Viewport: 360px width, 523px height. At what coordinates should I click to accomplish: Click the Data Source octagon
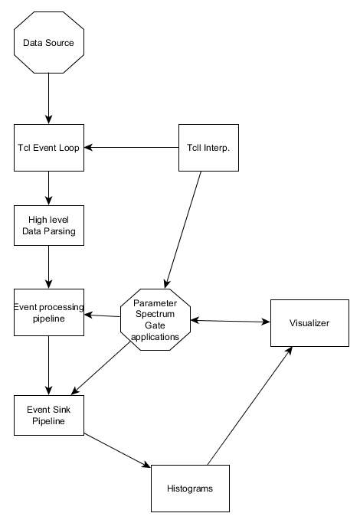pos(49,42)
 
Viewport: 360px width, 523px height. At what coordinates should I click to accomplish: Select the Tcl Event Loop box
pos(49,148)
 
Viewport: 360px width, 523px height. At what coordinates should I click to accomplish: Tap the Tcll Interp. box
pos(208,148)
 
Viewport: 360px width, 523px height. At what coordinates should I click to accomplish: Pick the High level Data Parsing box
pos(49,225)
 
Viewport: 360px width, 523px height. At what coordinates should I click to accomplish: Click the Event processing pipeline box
pos(49,312)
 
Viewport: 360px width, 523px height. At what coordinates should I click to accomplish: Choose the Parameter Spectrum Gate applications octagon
pos(155,319)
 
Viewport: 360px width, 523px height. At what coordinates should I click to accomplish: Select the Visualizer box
pos(309,323)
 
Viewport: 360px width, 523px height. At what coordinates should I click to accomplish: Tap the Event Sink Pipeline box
pos(49,415)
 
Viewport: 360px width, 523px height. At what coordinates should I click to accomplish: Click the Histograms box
pos(190,489)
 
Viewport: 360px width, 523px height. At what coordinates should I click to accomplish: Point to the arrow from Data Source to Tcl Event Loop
pos(49,98)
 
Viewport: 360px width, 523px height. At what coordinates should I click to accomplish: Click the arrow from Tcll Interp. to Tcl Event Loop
pos(132,148)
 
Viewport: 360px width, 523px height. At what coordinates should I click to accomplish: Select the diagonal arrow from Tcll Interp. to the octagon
pos(183,230)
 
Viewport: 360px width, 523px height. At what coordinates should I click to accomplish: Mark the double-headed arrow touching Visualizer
pos(231,321)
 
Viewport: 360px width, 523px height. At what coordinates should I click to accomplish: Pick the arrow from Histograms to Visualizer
pos(250,406)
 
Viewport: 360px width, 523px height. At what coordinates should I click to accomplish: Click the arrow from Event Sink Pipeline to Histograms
pos(117,450)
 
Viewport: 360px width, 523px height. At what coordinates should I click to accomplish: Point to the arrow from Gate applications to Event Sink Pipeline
pos(101,368)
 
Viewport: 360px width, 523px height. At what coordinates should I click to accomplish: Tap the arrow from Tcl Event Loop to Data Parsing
pos(49,188)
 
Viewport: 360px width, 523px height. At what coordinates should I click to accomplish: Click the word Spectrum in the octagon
pos(155,314)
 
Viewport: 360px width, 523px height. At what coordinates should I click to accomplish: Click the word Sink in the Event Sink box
pos(62,410)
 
